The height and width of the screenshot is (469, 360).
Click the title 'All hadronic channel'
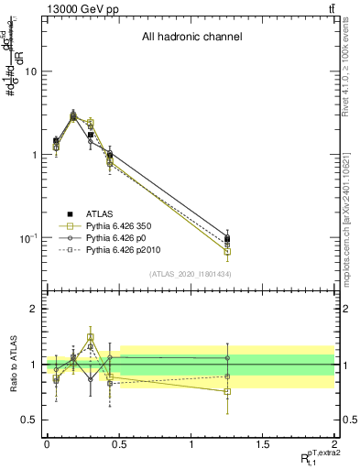coord(191,38)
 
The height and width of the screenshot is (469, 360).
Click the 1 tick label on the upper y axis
coord(32,155)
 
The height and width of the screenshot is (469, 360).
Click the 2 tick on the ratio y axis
coord(32,309)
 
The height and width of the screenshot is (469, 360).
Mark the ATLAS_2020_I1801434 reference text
coord(190,274)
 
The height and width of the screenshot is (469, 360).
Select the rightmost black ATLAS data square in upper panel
coord(227,240)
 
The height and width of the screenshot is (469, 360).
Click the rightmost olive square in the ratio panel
coord(227,391)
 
